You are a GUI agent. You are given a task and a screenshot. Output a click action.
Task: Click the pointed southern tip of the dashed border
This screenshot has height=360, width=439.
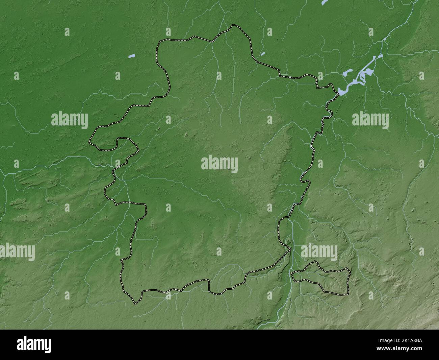135,303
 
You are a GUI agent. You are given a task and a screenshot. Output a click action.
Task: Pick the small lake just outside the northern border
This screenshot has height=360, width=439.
262,53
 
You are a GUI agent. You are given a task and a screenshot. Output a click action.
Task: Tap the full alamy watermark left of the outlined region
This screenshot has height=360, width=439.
70,120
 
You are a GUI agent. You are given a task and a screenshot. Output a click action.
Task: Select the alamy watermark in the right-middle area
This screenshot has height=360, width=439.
370,119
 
